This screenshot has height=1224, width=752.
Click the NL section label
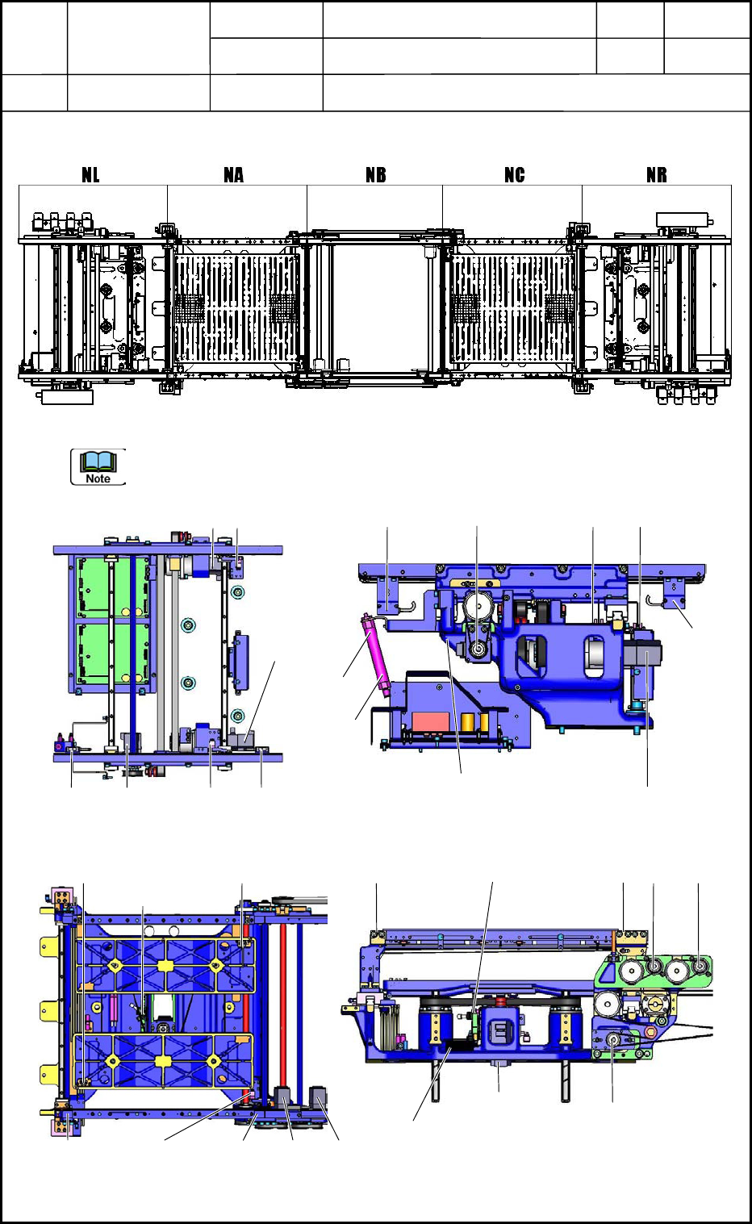90,175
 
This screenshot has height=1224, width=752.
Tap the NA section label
233,175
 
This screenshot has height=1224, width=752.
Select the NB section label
376,175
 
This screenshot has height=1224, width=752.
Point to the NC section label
515,175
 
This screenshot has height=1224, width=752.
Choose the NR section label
657,175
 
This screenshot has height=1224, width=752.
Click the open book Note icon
98,466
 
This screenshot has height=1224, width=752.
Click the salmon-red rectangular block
432,721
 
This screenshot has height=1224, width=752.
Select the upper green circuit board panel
113,587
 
